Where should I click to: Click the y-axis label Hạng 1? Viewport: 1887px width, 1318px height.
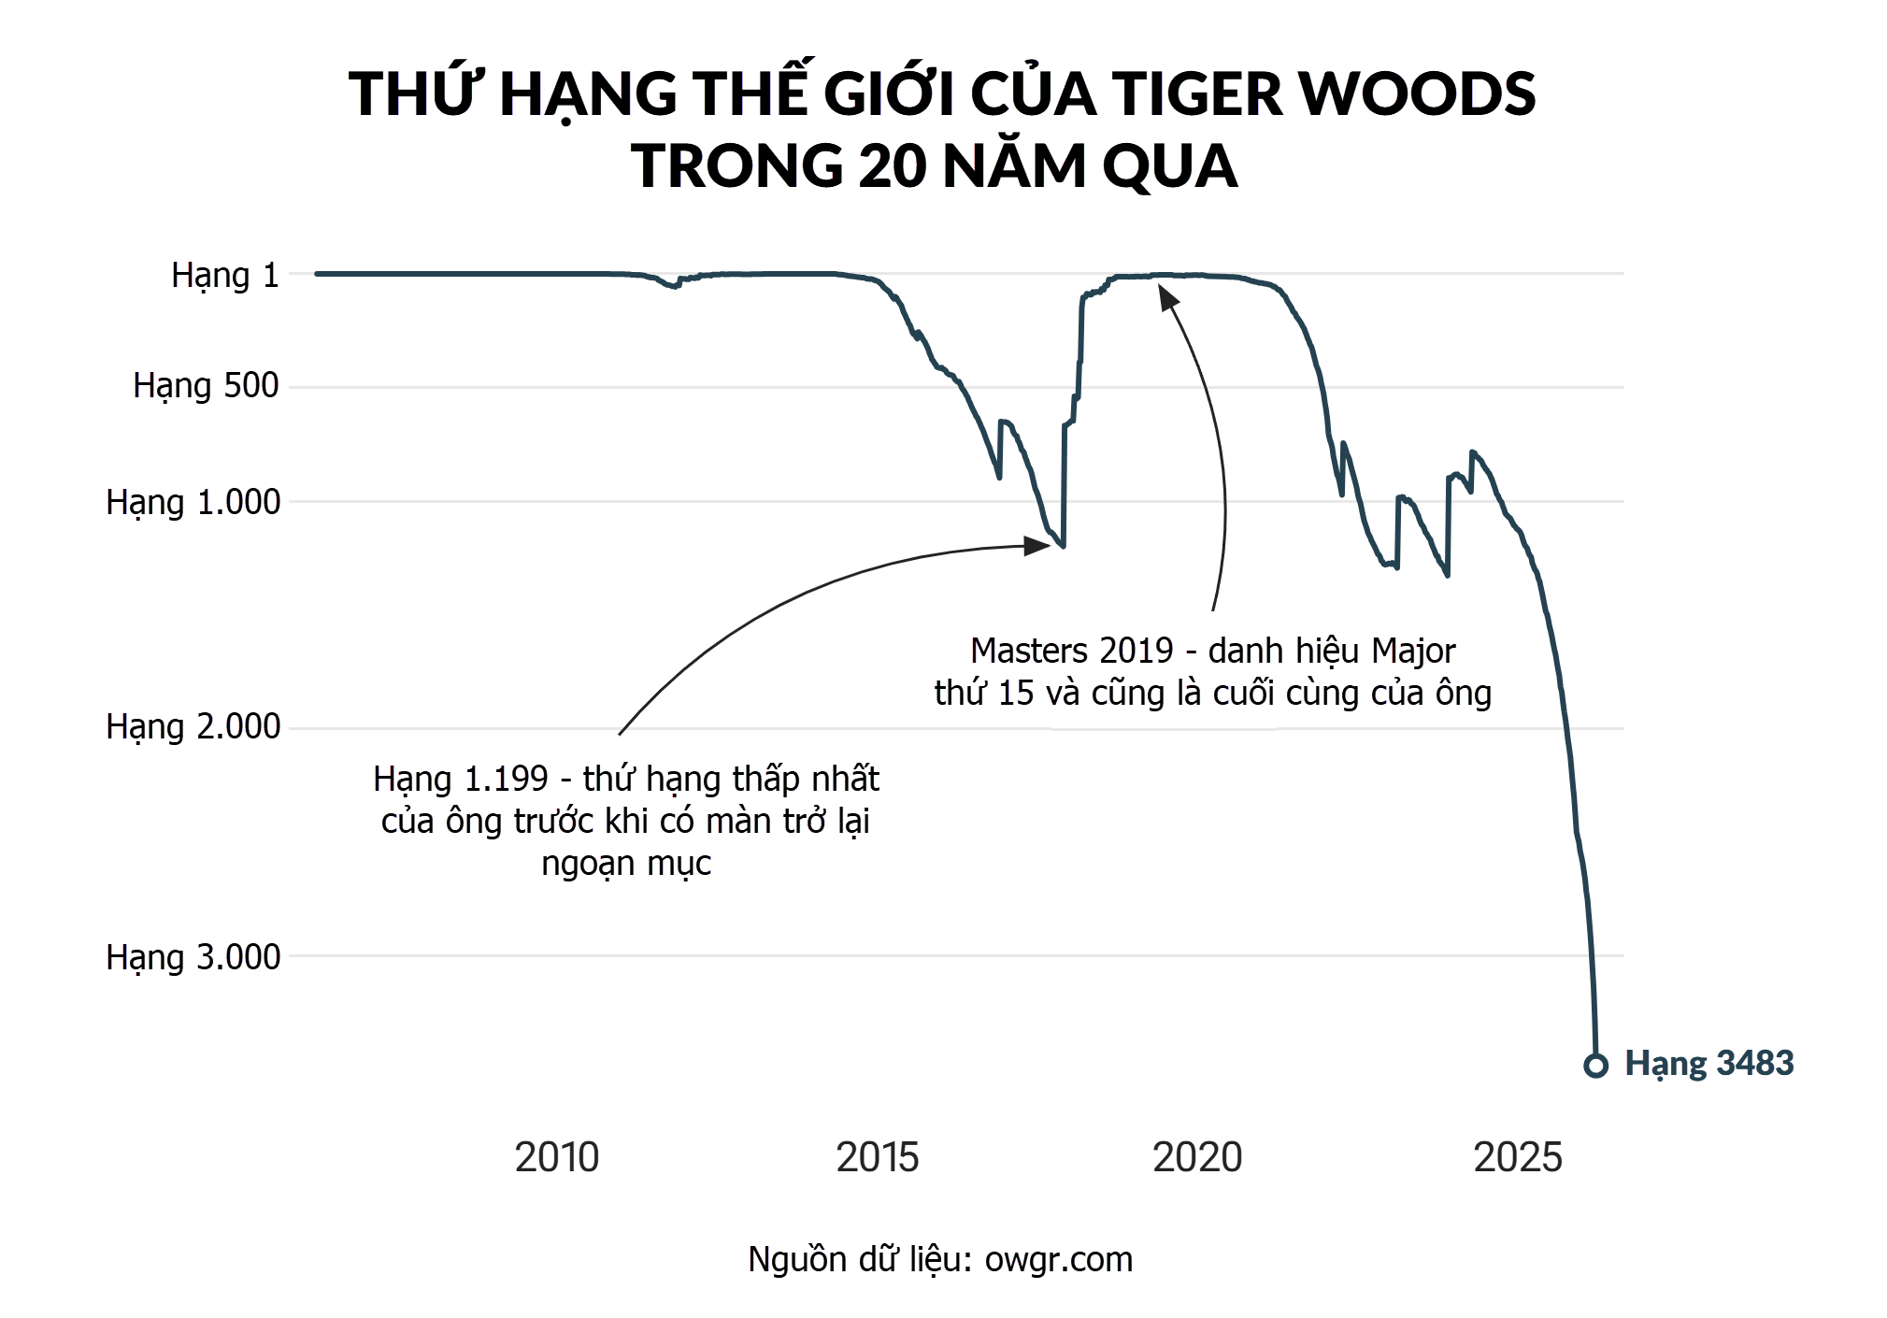[x=224, y=276]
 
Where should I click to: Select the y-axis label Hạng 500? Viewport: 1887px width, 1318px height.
[x=206, y=385]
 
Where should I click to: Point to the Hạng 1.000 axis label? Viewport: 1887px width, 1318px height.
[x=193, y=502]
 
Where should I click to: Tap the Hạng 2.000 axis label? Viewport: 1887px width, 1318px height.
[x=193, y=726]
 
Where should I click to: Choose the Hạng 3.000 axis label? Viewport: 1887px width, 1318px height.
[x=193, y=957]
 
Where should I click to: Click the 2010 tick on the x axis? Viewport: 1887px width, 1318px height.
[x=556, y=1157]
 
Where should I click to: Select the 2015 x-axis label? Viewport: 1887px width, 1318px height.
[x=877, y=1157]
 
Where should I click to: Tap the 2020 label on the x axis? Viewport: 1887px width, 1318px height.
[x=1197, y=1157]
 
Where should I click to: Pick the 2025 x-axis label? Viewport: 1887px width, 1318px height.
[x=1518, y=1157]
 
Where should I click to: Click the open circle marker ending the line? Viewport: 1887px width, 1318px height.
[x=1595, y=1065]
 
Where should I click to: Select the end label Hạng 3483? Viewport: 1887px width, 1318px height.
[x=1708, y=1064]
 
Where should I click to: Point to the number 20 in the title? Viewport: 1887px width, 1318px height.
[x=893, y=165]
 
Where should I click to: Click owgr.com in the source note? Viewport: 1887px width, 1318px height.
[x=1058, y=1260]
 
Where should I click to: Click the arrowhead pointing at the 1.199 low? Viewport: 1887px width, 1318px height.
[x=1037, y=546]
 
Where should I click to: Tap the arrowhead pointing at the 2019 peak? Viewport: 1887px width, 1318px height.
[x=1167, y=297]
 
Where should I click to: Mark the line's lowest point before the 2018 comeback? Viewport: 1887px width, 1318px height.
[x=1063, y=546]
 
